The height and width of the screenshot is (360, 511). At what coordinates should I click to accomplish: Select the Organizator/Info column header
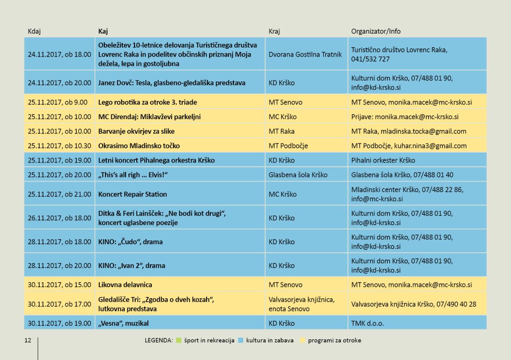pyautogui.click(x=376, y=31)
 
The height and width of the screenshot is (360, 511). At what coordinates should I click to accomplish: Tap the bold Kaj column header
pyautogui.click(x=103, y=31)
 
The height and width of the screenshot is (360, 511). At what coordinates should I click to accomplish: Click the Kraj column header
pyautogui.click(x=274, y=31)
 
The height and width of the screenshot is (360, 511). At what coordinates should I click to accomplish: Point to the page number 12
pyautogui.click(x=28, y=340)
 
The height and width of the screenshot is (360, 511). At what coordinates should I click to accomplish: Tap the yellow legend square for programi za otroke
pyautogui.click(x=302, y=340)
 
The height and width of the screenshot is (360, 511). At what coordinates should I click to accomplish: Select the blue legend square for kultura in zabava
pyautogui.click(x=241, y=340)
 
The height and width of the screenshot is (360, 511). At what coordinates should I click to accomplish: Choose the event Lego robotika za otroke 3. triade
pyautogui.click(x=147, y=102)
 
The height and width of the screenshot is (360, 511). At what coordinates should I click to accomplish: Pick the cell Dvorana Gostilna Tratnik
pyautogui.click(x=305, y=54)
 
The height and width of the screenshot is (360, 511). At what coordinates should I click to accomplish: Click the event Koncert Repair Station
pyautogui.click(x=132, y=194)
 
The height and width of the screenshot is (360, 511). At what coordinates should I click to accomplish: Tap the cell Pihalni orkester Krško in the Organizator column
pyautogui.click(x=383, y=160)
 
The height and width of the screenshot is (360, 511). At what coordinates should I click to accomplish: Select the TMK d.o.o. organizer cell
pyautogui.click(x=367, y=323)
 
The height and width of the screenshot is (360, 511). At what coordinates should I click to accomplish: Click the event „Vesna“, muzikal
pyautogui.click(x=123, y=323)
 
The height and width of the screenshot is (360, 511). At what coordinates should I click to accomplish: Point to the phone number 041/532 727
pyautogui.click(x=370, y=59)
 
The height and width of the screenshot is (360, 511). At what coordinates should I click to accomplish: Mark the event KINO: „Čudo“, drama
pyautogui.click(x=130, y=242)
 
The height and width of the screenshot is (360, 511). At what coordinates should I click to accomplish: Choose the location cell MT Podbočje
pyautogui.click(x=288, y=146)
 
